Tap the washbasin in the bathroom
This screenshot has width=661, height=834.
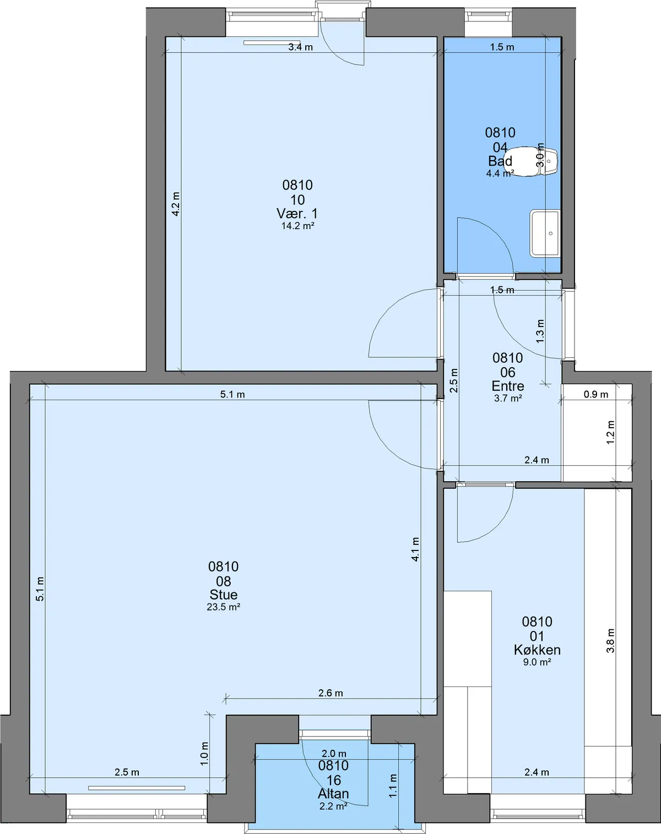545,234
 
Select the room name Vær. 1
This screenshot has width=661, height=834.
297,213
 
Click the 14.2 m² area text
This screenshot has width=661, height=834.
297,226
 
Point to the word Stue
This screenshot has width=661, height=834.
224,595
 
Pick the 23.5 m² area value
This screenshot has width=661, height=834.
224,607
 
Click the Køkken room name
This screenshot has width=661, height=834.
537,650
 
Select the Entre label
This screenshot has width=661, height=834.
508,385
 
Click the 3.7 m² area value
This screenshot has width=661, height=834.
508,398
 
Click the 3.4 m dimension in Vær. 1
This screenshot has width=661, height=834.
301,47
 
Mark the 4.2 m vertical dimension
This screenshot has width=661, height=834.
175,204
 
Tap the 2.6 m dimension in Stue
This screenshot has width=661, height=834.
330,693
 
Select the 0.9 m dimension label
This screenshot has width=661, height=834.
596,395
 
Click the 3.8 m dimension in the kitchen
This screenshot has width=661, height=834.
610,641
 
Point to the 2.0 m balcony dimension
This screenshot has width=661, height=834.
334,754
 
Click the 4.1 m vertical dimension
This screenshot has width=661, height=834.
415,549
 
